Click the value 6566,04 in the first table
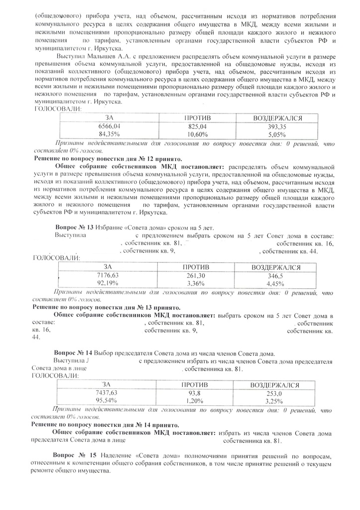coord(109,127)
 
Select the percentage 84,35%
coord(109,134)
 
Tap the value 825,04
coord(198,127)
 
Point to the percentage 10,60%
coord(198,134)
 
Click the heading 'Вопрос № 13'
coord(74,227)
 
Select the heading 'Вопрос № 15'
coord(75,456)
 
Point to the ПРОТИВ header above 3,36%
coord(196,267)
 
